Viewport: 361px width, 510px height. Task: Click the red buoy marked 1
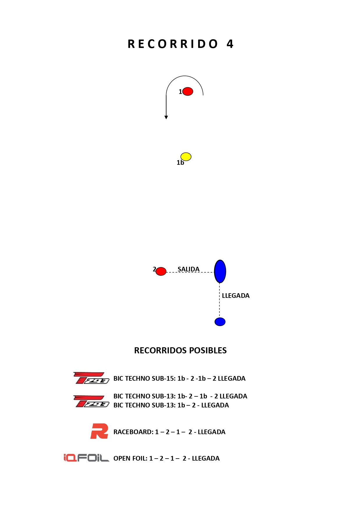pyautogui.click(x=188, y=92)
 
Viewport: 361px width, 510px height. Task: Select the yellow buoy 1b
pyautogui.click(x=186, y=157)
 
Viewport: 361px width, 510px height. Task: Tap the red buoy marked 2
pyautogui.click(x=161, y=271)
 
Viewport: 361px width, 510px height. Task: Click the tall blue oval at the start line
pyautogui.click(x=220, y=271)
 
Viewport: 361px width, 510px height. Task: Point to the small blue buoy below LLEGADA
pyautogui.click(x=220, y=322)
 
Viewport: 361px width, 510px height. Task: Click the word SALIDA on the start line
pyautogui.click(x=188, y=269)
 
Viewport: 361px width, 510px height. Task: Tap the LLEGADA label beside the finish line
pyautogui.click(x=236, y=296)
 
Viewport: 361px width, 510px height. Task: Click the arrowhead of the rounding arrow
pyautogui.click(x=166, y=117)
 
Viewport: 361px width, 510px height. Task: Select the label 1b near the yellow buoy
pyautogui.click(x=180, y=163)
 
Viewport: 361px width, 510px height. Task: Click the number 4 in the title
pyautogui.click(x=230, y=44)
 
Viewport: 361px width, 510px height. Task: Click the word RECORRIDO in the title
pyautogui.click(x=173, y=44)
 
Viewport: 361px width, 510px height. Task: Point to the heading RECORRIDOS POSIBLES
pyautogui.click(x=180, y=350)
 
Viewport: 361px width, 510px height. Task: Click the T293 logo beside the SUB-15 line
pyautogui.click(x=91, y=378)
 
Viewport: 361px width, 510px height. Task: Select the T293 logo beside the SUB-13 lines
pyautogui.click(x=91, y=401)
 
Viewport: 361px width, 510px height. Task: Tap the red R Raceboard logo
pyautogui.click(x=99, y=431)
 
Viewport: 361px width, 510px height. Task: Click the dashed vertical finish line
pyautogui.click(x=219, y=299)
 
